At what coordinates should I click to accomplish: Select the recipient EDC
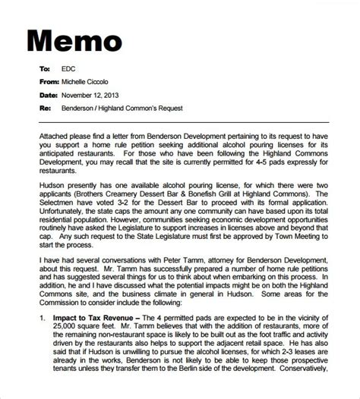tap(69, 68)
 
